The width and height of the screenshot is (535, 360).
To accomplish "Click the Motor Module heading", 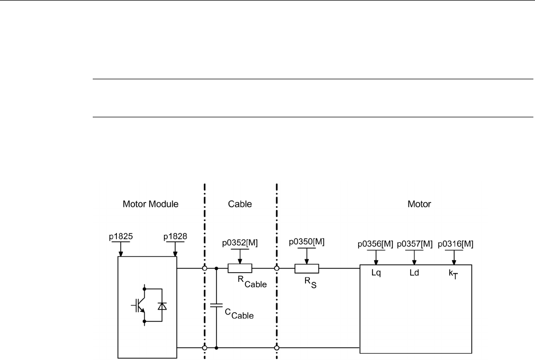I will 147,204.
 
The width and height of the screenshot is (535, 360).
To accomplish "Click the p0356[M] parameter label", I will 375,244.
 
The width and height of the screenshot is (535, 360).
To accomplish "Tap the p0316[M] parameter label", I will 455,244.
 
